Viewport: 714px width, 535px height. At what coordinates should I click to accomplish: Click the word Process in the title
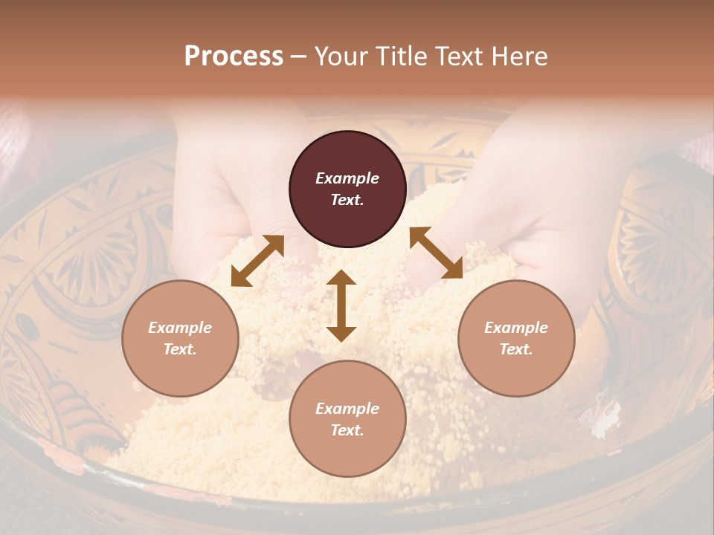(234, 56)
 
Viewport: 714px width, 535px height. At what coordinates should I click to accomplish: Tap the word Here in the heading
(518, 56)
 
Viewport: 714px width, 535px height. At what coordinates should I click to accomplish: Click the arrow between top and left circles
(257, 261)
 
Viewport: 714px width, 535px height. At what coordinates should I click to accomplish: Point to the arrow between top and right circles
(436, 253)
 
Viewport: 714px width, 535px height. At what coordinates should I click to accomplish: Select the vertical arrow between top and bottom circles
(341, 305)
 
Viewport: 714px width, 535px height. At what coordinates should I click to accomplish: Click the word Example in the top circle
(347, 178)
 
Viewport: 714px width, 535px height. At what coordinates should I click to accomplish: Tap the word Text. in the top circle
(347, 200)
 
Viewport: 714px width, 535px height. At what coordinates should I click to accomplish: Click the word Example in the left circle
(180, 328)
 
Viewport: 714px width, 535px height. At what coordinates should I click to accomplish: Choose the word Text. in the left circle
(180, 349)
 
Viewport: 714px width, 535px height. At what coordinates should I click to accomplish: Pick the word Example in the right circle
(516, 328)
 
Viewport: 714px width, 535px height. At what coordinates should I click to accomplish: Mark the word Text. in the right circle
(516, 349)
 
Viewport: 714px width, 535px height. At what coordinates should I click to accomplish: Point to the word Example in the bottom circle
(347, 409)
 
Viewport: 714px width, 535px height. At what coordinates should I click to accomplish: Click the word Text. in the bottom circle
(347, 430)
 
